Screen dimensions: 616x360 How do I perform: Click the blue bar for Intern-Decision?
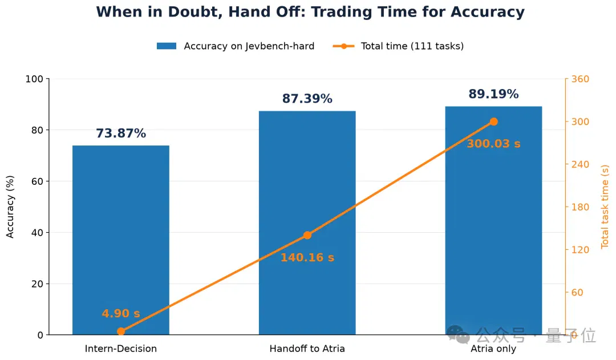pyautogui.click(x=120, y=240)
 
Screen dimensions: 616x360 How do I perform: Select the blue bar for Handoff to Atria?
pyautogui.click(x=307, y=223)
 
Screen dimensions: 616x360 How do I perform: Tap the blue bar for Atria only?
pyautogui.click(x=493, y=220)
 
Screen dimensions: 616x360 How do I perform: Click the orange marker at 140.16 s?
pyautogui.click(x=307, y=235)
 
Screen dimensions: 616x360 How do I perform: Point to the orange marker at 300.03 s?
pyautogui.click(x=494, y=122)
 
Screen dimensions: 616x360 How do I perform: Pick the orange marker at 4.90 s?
pyautogui.click(x=121, y=331)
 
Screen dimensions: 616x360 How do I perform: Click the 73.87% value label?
pyautogui.click(x=121, y=134)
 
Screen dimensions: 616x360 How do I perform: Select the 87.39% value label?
pyautogui.click(x=307, y=98)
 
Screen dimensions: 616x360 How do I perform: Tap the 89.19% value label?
pyautogui.click(x=493, y=94)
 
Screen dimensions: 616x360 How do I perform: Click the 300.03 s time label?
pyautogui.click(x=493, y=143)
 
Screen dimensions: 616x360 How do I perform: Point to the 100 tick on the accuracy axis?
pyautogui.click(x=34, y=79)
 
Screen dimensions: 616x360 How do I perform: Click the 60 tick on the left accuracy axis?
pyautogui.click(x=37, y=181)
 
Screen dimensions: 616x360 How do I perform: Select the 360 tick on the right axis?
pyautogui.click(x=580, y=79)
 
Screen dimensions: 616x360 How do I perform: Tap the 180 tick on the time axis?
pyautogui.click(x=580, y=207)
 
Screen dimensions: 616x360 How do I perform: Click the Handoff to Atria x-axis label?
pyautogui.click(x=307, y=349)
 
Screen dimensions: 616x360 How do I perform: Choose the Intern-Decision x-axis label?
pyautogui.click(x=120, y=349)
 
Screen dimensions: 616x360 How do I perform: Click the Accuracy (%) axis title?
pyautogui.click(x=10, y=207)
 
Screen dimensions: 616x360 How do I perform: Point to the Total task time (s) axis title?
pyautogui.click(x=605, y=207)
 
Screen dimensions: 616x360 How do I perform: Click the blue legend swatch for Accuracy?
pyautogui.click(x=167, y=46)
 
